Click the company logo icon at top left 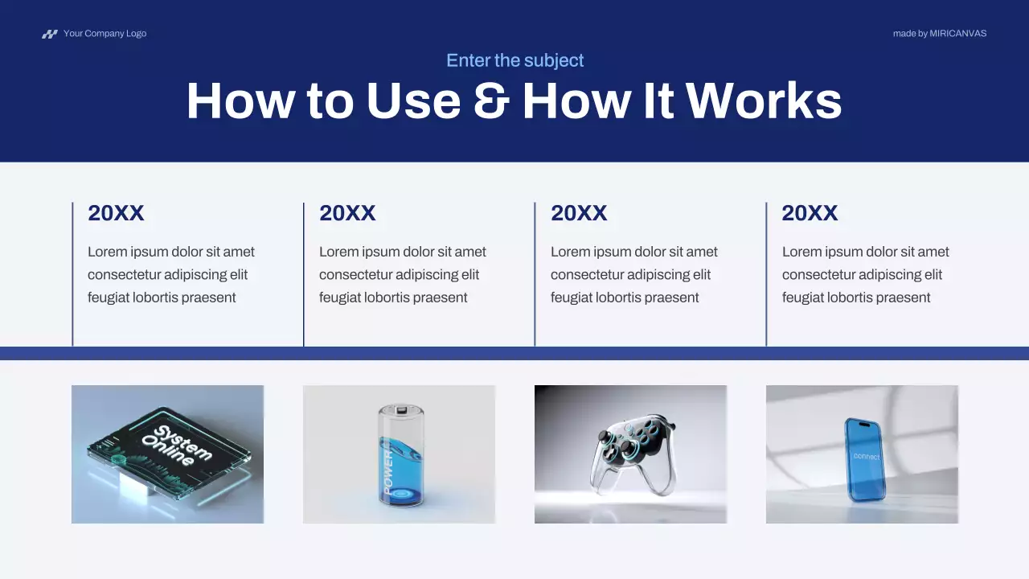pos(50,34)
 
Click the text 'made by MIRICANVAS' pos(939,34)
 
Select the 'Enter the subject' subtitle pos(514,60)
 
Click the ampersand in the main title pos(490,102)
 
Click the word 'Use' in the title pos(413,102)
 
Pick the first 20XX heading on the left pos(116,213)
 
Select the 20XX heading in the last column pos(810,213)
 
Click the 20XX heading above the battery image pos(347,213)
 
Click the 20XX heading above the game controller pos(579,213)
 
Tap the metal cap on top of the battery pos(400,411)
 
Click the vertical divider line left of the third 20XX pos(535,273)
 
